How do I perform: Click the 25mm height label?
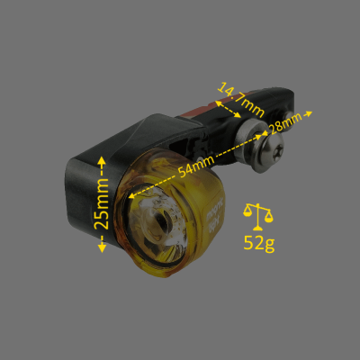(x=102, y=203)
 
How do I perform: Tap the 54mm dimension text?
(x=196, y=166)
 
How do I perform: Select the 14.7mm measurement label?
(x=240, y=100)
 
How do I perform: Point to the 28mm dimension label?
(x=286, y=122)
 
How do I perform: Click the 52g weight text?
(x=259, y=243)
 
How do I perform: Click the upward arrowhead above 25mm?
(x=102, y=162)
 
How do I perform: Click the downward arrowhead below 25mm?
(x=102, y=247)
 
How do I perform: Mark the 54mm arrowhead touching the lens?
(x=132, y=195)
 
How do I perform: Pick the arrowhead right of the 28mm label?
(x=309, y=113)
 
